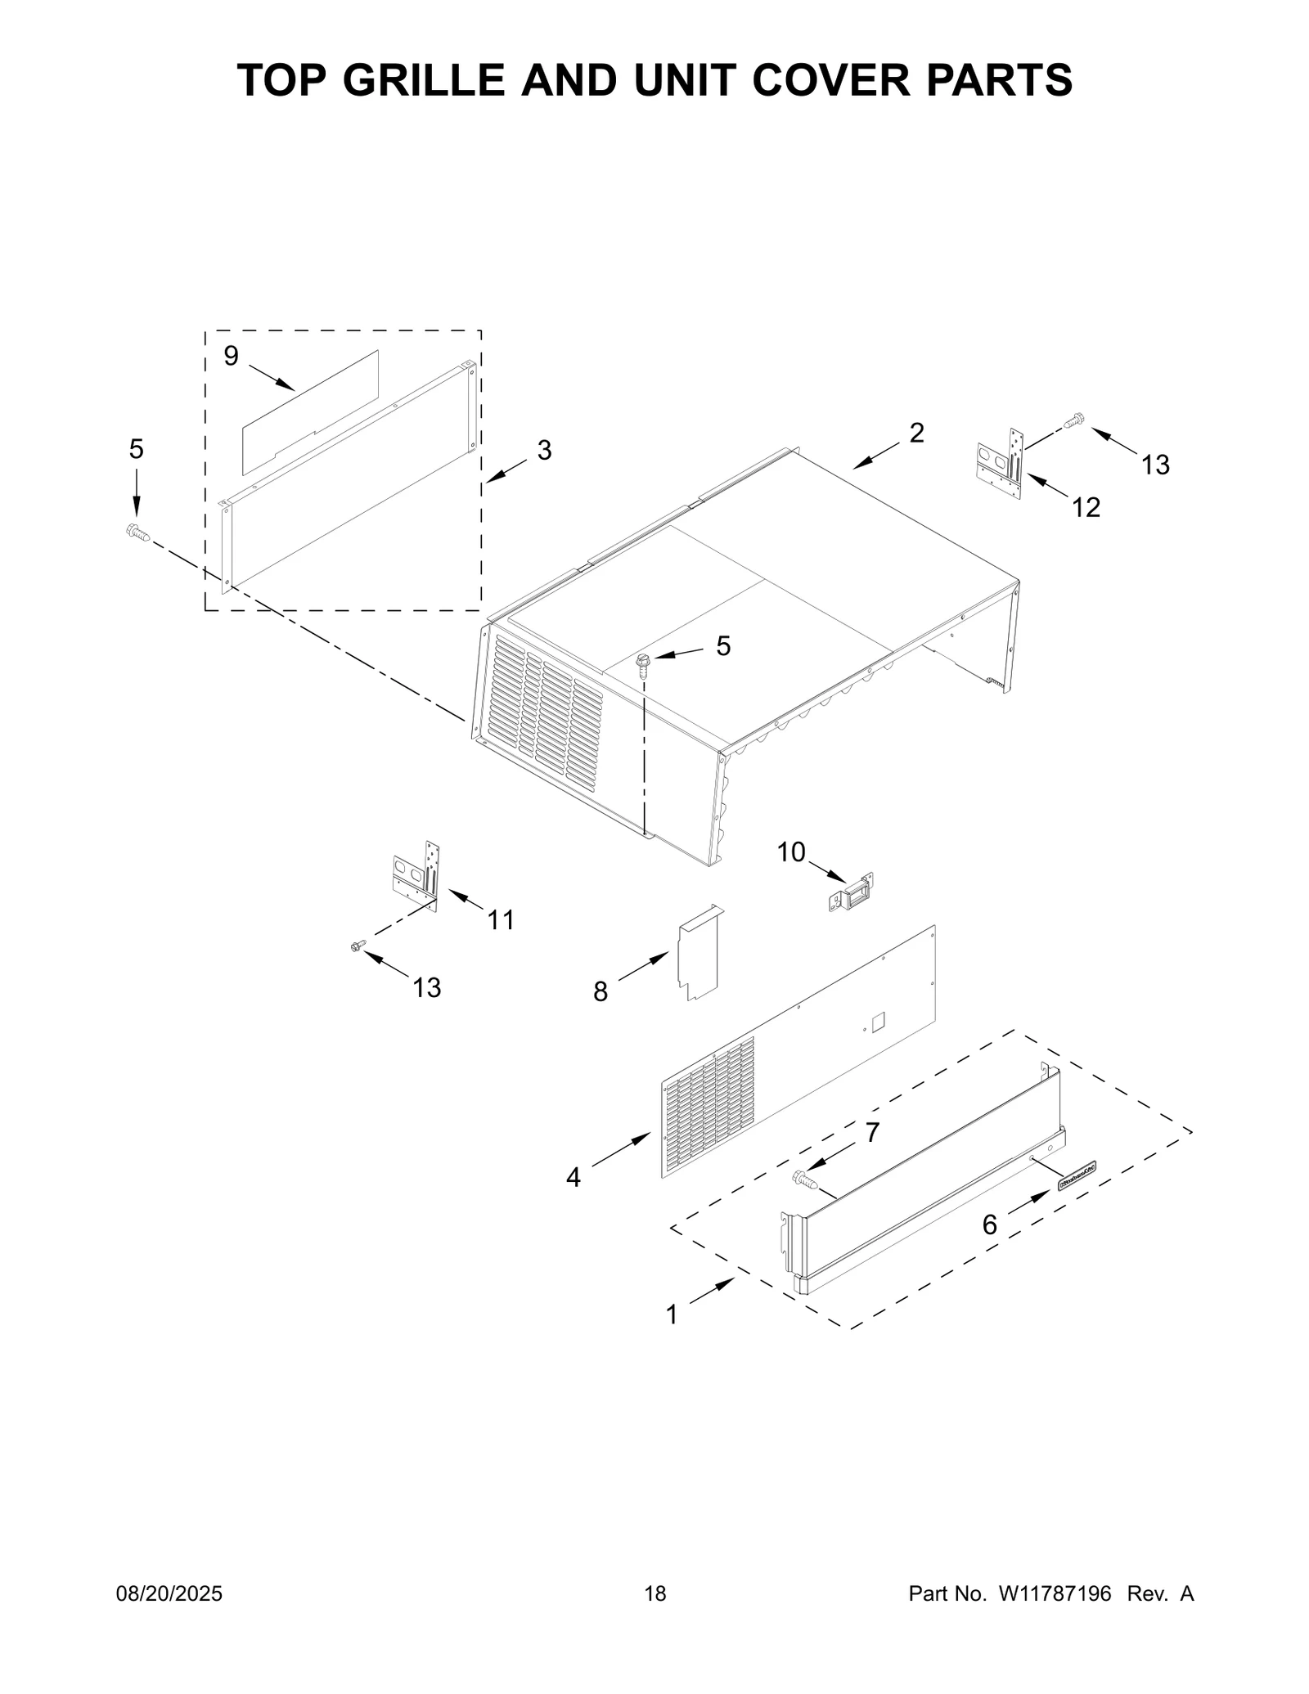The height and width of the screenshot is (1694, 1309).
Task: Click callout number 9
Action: click(231, 356)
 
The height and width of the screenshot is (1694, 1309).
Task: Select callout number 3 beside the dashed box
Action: click(544, 449)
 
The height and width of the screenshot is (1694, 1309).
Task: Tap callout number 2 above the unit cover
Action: click(916, 433)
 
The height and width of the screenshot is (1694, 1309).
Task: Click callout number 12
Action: click(1086, 507)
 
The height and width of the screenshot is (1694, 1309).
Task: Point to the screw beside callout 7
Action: click(805, 1179)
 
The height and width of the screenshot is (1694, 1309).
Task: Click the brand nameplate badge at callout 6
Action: click(1077, 1175)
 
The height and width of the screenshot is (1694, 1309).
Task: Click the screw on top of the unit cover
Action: click(643, 663)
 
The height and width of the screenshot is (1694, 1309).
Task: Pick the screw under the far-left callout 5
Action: click(137, 533)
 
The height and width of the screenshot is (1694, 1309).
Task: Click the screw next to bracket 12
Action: click(1073, 421)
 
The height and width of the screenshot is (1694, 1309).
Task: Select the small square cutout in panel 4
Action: click(878, 1020)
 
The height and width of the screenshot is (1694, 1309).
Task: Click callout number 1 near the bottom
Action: click(672, 1315)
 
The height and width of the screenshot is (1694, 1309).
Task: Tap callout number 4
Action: click(574, 1177)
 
